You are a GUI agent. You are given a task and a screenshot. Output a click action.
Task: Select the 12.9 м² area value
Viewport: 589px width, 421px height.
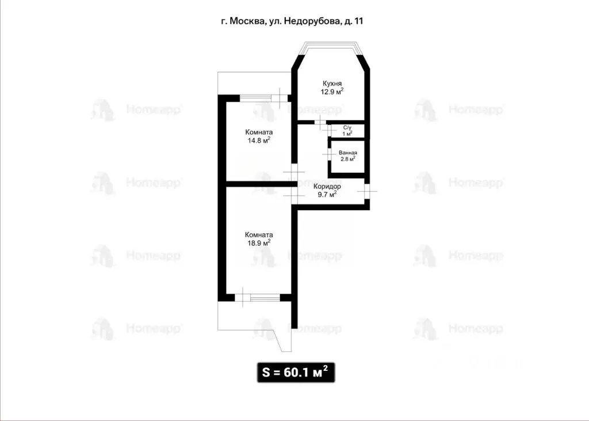coord(332,91)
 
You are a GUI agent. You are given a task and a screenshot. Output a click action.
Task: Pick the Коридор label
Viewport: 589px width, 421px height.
coord(327,187)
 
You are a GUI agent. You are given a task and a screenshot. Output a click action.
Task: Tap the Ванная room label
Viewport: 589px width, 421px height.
coord(348,153)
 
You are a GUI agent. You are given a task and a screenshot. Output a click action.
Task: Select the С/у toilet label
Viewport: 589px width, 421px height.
coord(347,128)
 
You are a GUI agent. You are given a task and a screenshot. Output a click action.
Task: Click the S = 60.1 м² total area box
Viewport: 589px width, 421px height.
coord(294,371)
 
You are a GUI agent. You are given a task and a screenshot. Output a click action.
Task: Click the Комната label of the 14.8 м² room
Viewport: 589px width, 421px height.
coord(258,132)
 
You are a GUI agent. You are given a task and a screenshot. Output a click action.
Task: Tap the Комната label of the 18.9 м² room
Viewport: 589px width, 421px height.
coord(258,234)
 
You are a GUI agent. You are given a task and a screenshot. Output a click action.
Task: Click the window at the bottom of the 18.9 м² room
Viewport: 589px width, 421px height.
coord(258,298)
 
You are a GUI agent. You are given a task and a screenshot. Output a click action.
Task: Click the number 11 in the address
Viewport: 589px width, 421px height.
coord(358,21)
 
